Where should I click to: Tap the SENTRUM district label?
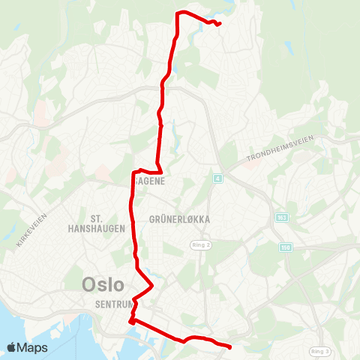pos(114,304)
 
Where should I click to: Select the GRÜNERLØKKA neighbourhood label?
pos(179,220)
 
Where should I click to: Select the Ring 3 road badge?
pos(320,351)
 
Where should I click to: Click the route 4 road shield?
pos(217,178)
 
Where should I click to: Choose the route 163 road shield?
pos(281,217)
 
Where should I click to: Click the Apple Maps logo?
pos(27,347)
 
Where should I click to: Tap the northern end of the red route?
pos(218,25)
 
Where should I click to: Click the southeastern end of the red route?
pos(229,346)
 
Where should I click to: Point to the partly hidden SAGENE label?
pos(150,180)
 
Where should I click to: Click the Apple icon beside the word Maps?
pos(12,346)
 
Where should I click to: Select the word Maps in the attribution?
pos(33,347)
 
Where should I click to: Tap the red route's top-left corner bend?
pos(177,13)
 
